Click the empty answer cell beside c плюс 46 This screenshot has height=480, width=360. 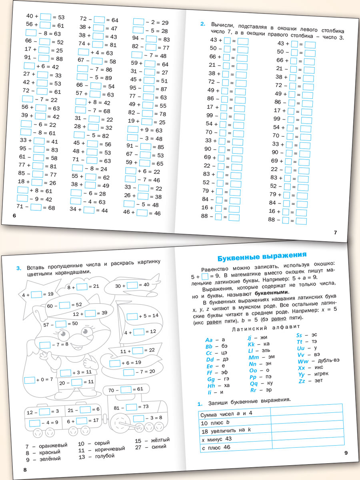point(307,447)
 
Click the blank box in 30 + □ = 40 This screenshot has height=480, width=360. point(132,285)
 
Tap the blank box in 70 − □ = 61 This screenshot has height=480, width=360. point(126,389)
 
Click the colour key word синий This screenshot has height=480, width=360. point(159,447)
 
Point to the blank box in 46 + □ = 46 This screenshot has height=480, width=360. point(142,212)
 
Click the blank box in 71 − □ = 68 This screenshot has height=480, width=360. point(36,207)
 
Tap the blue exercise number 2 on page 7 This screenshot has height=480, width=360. point(202,24)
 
